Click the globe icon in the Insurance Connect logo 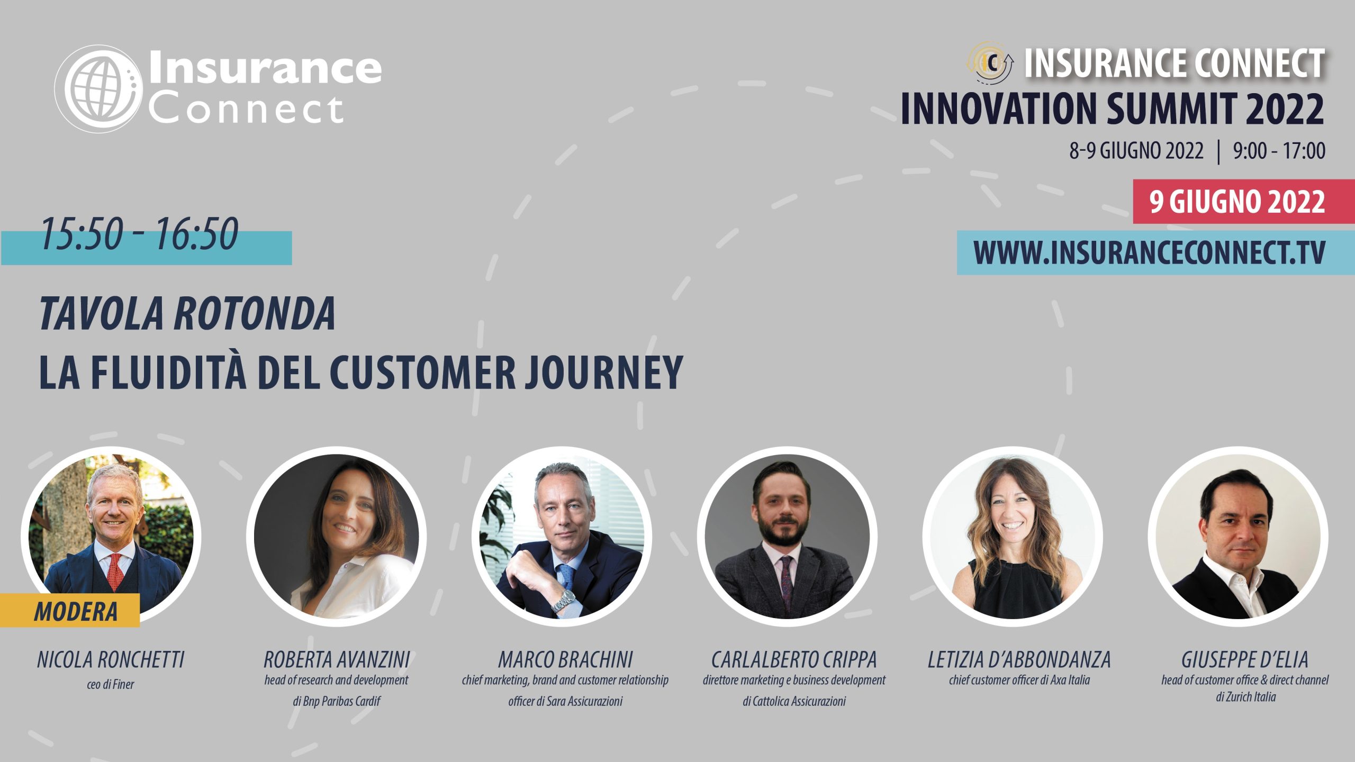[98, 88]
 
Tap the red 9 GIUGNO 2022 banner [1244, 202]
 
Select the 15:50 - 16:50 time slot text [139, 233]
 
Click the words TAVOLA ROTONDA [187, 313]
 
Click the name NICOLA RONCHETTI [111, 660]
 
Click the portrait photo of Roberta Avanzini [337, 537]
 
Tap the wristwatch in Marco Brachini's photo [564, 601]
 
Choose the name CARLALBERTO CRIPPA [794, 660]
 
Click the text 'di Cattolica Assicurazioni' [794, 701]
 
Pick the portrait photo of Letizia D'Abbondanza [1012, 537]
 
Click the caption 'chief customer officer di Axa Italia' [1019, 680]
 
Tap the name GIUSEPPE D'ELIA [1245, 660]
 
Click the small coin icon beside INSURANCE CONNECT [991, 63]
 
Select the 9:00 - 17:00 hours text [1279, 151]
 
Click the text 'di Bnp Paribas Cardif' [337, 701]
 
